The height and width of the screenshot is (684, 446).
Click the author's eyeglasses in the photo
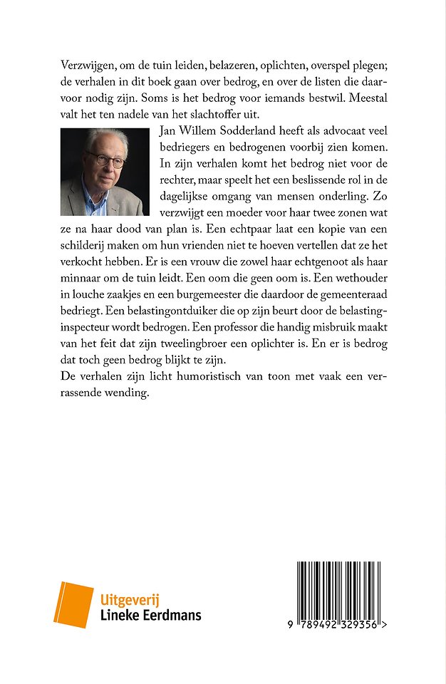105,159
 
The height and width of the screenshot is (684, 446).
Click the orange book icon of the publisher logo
73,605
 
